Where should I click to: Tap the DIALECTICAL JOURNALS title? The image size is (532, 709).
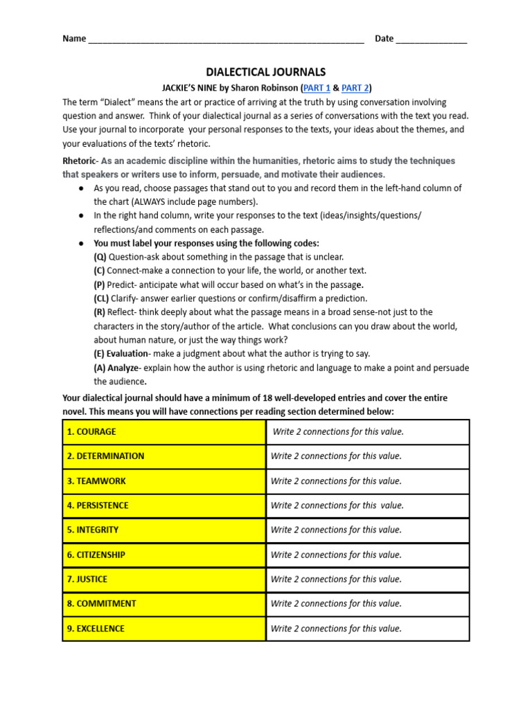pyautogui.click(x=266, y=72)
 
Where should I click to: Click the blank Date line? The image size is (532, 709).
pyautogui.click(x=432, y=39)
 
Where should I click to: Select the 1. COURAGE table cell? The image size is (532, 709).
pyautogui.click(x=164, y=432)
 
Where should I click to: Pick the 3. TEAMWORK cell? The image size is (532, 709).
pyautogui.click(x=164, y=481)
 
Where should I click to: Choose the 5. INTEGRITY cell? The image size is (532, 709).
pyautogui.click(x=164, y=530)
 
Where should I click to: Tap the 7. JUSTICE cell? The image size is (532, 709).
pyautogui.click(x=164, y=580)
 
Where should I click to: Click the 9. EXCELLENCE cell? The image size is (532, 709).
pyautogui.click(x=164, y=629)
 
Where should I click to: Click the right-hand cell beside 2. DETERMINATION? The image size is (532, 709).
pyautogui.click(x=367, y=456)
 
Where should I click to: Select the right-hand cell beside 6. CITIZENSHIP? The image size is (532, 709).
pyautogui.click(x=367, y=555)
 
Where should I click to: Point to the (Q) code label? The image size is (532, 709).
pyautogui.click(x=101, y=257)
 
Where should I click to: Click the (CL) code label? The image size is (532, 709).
pyautogui.click(x=103, y=298)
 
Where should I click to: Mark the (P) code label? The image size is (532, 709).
pyautogui.click(x=100, y=285)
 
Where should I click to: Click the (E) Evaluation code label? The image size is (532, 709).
pyautogui.click(x=121, y=354)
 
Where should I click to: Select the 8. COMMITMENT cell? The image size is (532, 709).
pyautogui.click(x=164, y=604)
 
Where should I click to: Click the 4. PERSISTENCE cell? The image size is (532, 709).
pyautogui.click(x=164, y=505)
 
